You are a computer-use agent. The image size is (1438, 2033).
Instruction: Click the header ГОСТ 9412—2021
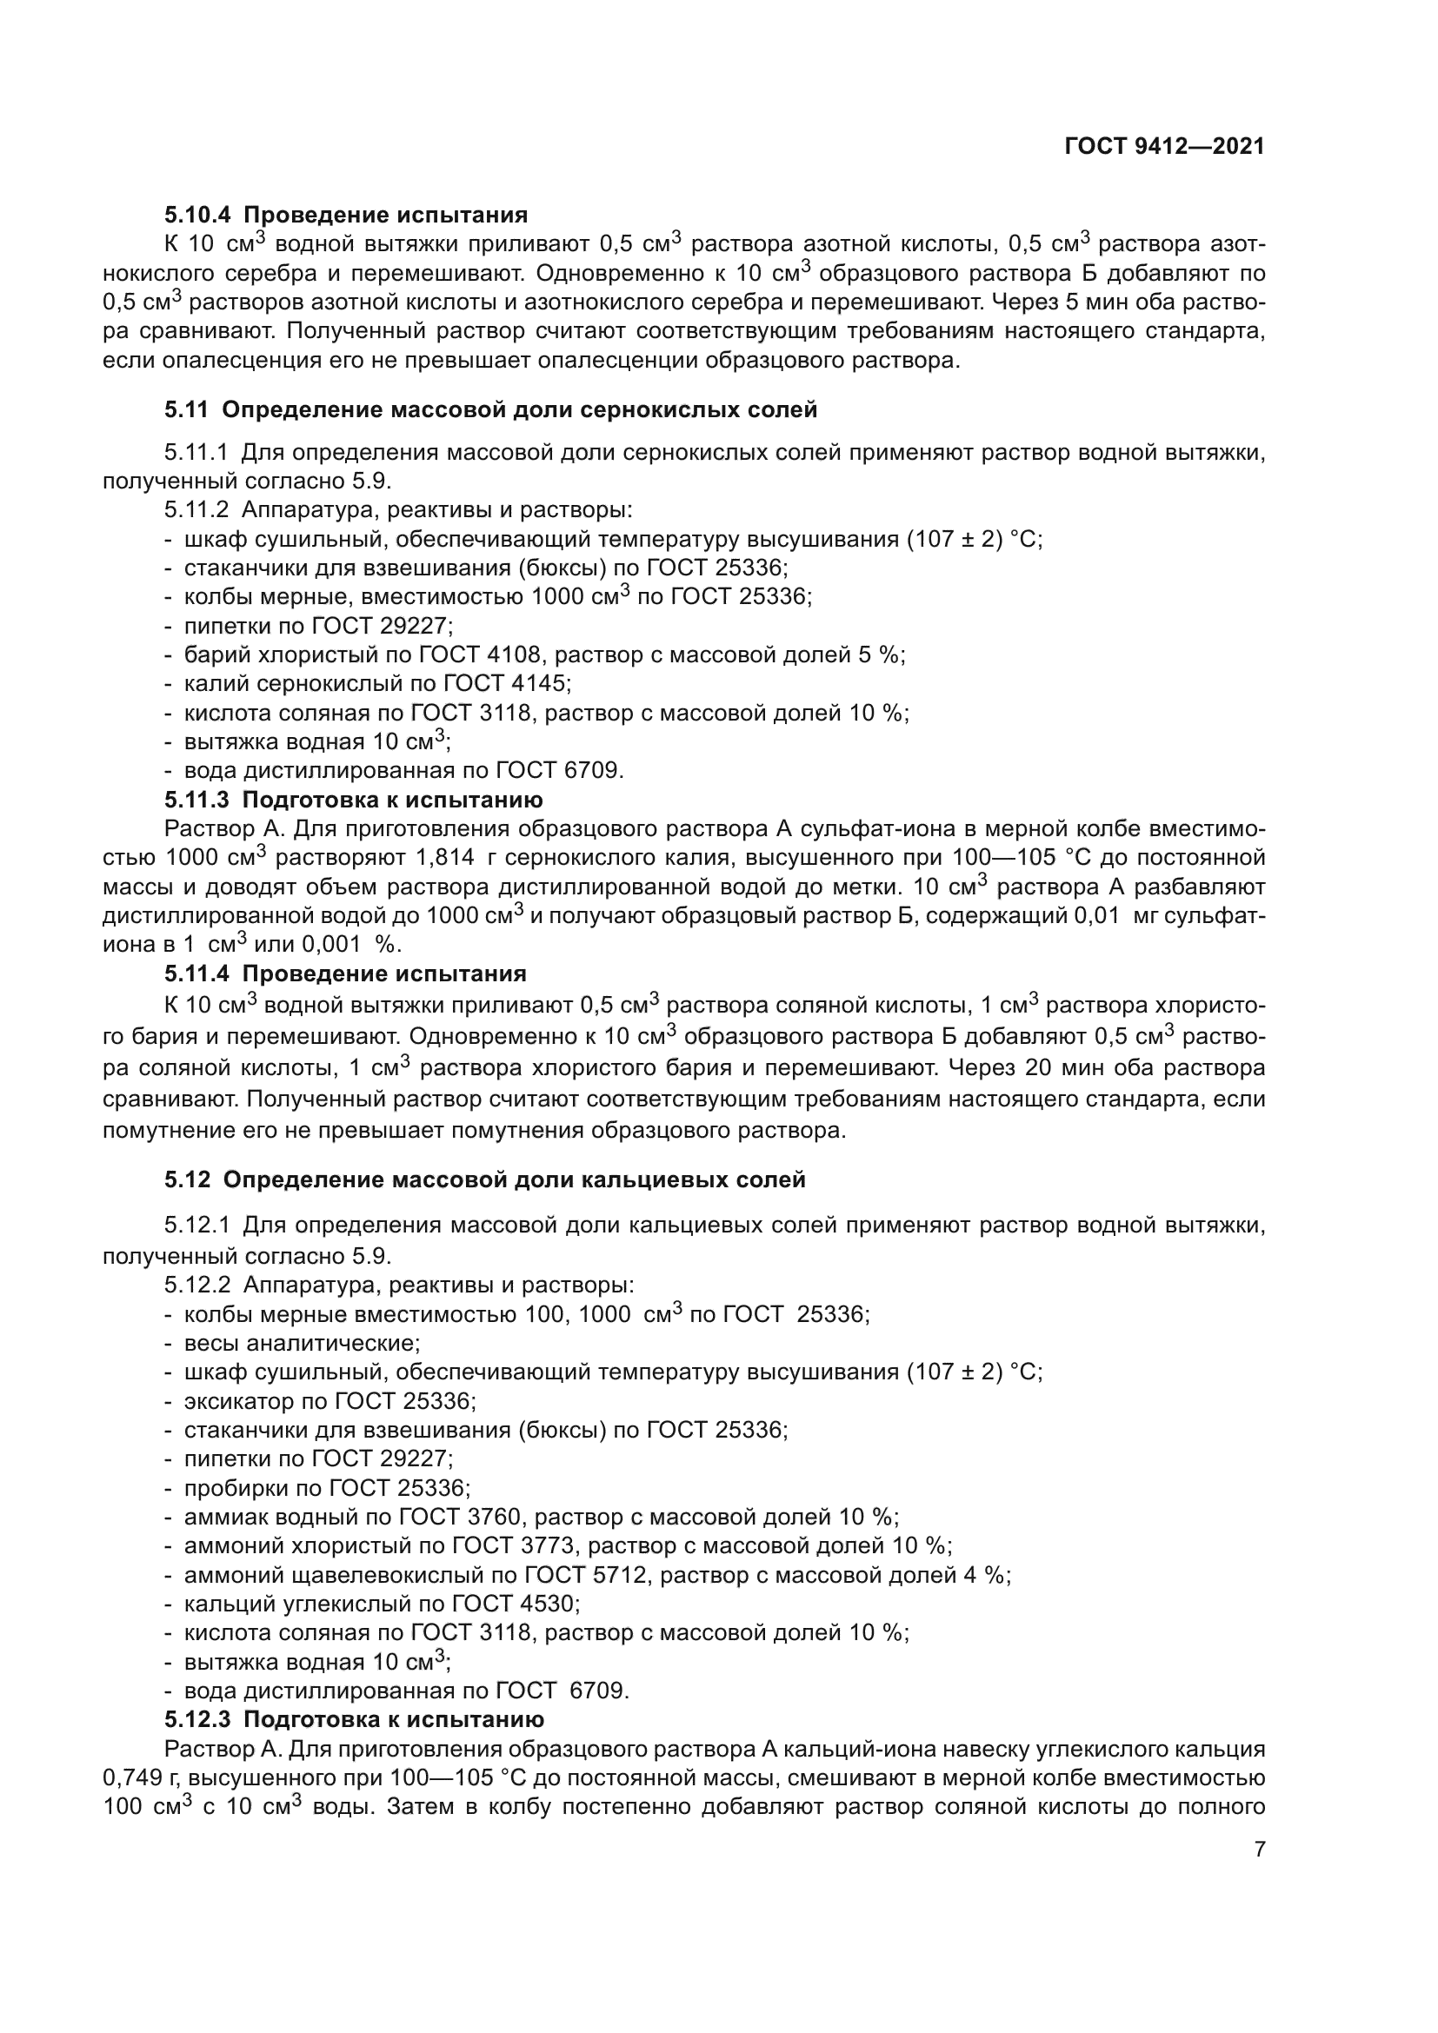[1164, 146]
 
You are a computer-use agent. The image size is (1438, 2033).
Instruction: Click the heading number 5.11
[186, 410]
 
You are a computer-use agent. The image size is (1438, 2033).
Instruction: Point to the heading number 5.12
[187, 1180]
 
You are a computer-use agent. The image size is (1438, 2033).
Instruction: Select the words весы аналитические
[301, 1343]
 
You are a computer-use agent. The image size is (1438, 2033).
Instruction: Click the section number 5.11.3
[196, 801]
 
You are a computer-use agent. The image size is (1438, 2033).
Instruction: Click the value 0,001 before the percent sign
[332, 945]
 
